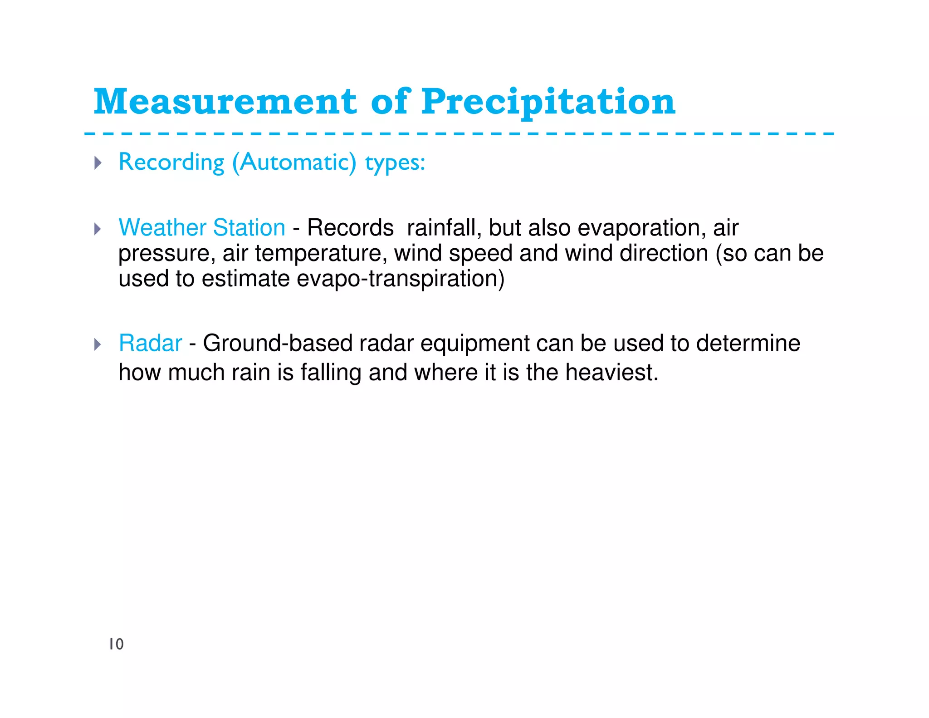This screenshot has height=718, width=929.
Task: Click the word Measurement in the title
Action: (225, 102)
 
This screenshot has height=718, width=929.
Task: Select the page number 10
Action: (116, 644)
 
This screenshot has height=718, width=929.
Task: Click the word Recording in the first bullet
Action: (171, 162)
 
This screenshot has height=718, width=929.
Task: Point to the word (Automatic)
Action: (294, 162)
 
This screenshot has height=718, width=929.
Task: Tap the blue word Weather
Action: (162, 227)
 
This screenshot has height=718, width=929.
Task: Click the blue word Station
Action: (249, 227)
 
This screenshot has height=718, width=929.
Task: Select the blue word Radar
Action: (150, 343)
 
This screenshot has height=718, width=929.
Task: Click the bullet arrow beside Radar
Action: (98, 344)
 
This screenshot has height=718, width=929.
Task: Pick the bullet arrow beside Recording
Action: (98, 162)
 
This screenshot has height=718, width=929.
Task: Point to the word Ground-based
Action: (278, 343)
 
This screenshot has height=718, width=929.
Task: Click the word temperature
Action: (321, 253)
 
